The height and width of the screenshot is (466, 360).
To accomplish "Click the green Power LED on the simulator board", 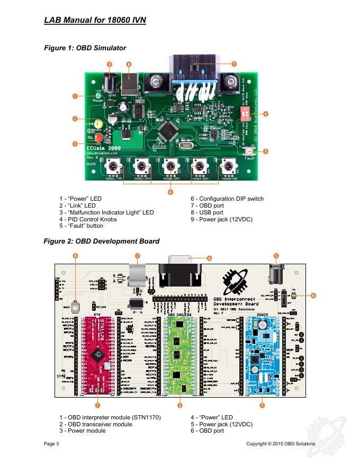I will [x=98, y=95].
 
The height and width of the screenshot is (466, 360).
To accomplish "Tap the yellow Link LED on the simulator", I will [x=98, y=124].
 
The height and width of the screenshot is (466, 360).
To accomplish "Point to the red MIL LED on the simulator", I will [x=98, y=138].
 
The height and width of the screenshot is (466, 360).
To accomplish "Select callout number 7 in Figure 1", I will [x=234, y=64].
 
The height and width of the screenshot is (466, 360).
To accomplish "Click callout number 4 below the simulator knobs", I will [x=170, y=192].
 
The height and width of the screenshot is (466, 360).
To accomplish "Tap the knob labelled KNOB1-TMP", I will [x=113, y=167].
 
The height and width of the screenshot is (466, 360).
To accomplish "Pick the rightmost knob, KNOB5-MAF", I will [x=228, y=167].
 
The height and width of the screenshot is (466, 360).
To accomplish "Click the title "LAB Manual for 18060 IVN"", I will [x=95, y=21].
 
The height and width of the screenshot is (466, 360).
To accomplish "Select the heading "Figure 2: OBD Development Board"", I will [x=102, y=241].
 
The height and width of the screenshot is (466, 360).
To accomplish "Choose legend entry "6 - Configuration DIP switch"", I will [x=227, y=199].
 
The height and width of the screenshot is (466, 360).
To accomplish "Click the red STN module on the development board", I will [x=98, y=355].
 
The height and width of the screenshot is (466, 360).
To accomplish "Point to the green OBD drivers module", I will [x=179, y=355].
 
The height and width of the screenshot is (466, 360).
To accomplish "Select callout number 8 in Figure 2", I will [x=75, y=255].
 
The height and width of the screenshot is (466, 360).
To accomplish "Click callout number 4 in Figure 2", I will [x=313, y=295].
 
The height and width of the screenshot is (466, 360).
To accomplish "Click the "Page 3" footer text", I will [x=52, y=443].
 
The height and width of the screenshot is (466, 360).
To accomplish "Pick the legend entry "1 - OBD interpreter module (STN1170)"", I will [x=110, y=417].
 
